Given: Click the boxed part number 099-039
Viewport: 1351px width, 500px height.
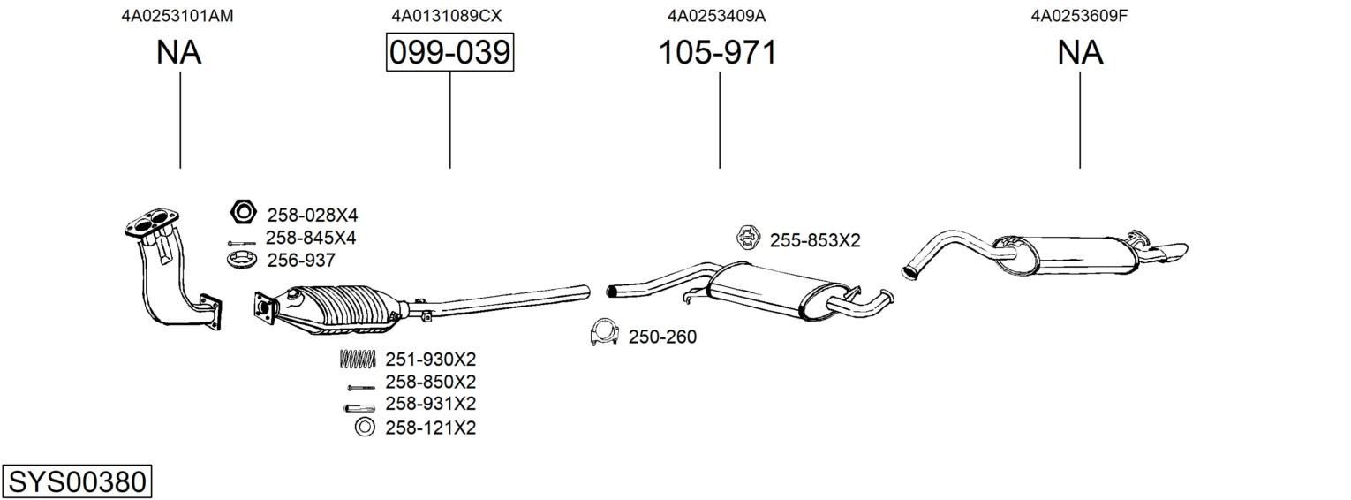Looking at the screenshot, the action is point(450,52).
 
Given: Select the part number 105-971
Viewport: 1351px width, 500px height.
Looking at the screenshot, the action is point(718,52).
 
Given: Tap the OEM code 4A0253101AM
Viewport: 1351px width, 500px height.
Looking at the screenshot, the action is point(177,16).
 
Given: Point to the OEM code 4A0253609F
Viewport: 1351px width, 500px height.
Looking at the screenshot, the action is point(1079,16).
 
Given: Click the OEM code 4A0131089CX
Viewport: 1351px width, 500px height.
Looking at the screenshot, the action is point(446,16).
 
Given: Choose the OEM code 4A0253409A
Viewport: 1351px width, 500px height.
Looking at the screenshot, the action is point(716,16).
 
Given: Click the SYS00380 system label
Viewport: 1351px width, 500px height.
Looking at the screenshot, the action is point(77,482).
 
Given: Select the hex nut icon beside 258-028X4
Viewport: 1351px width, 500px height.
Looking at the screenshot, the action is point(244,212).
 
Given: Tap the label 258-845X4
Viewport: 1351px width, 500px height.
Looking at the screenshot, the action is point(311,238).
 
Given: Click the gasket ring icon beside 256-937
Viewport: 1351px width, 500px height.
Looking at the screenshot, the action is point(243,261).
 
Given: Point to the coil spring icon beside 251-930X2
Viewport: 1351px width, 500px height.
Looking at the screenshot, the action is point(358,359).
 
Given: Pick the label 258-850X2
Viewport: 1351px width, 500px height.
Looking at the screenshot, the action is point(431,382).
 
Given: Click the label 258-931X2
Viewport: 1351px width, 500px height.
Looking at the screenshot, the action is point(431,404).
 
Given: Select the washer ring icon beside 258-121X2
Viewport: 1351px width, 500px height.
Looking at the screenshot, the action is point(365,427).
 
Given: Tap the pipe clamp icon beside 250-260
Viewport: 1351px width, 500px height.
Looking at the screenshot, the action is point(604,332).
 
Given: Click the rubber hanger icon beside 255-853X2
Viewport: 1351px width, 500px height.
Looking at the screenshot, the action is point(748,238).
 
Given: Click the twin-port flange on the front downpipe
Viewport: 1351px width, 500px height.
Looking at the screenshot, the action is point(152,222).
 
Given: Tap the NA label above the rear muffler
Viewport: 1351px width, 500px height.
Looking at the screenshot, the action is point(1080,52).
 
